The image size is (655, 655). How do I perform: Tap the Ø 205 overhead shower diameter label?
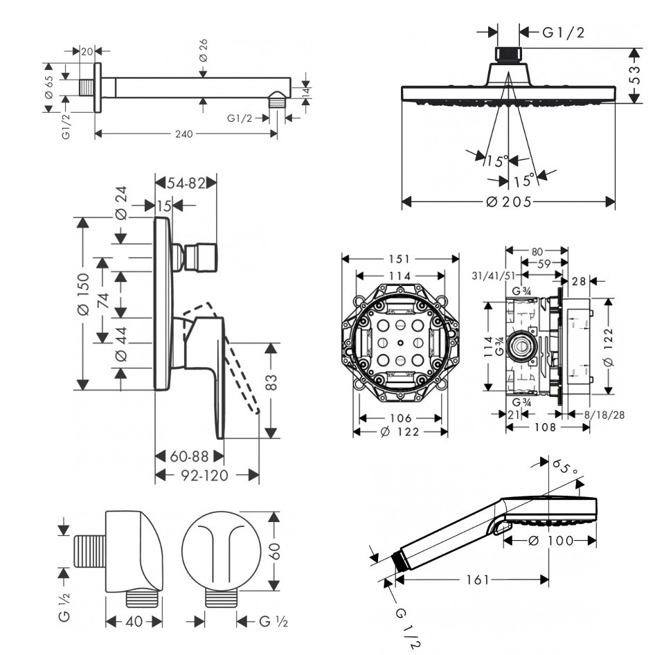click(x=509, y=201)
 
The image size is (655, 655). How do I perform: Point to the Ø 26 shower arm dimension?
click(x=203, y=50)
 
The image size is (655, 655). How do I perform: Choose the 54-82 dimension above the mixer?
click(x=186, y=183)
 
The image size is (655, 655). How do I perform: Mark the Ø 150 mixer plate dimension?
click(x=84, y=294)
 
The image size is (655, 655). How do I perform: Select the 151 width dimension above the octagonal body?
click(x=400, y=258)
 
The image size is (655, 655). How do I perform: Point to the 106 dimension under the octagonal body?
click(x=400, y=418)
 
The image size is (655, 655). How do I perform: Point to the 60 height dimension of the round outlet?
click(x=276, y=552)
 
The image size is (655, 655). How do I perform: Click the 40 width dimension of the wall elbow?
click(x=134, y=621)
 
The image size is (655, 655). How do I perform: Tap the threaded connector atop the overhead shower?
click(x=509, y=54)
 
